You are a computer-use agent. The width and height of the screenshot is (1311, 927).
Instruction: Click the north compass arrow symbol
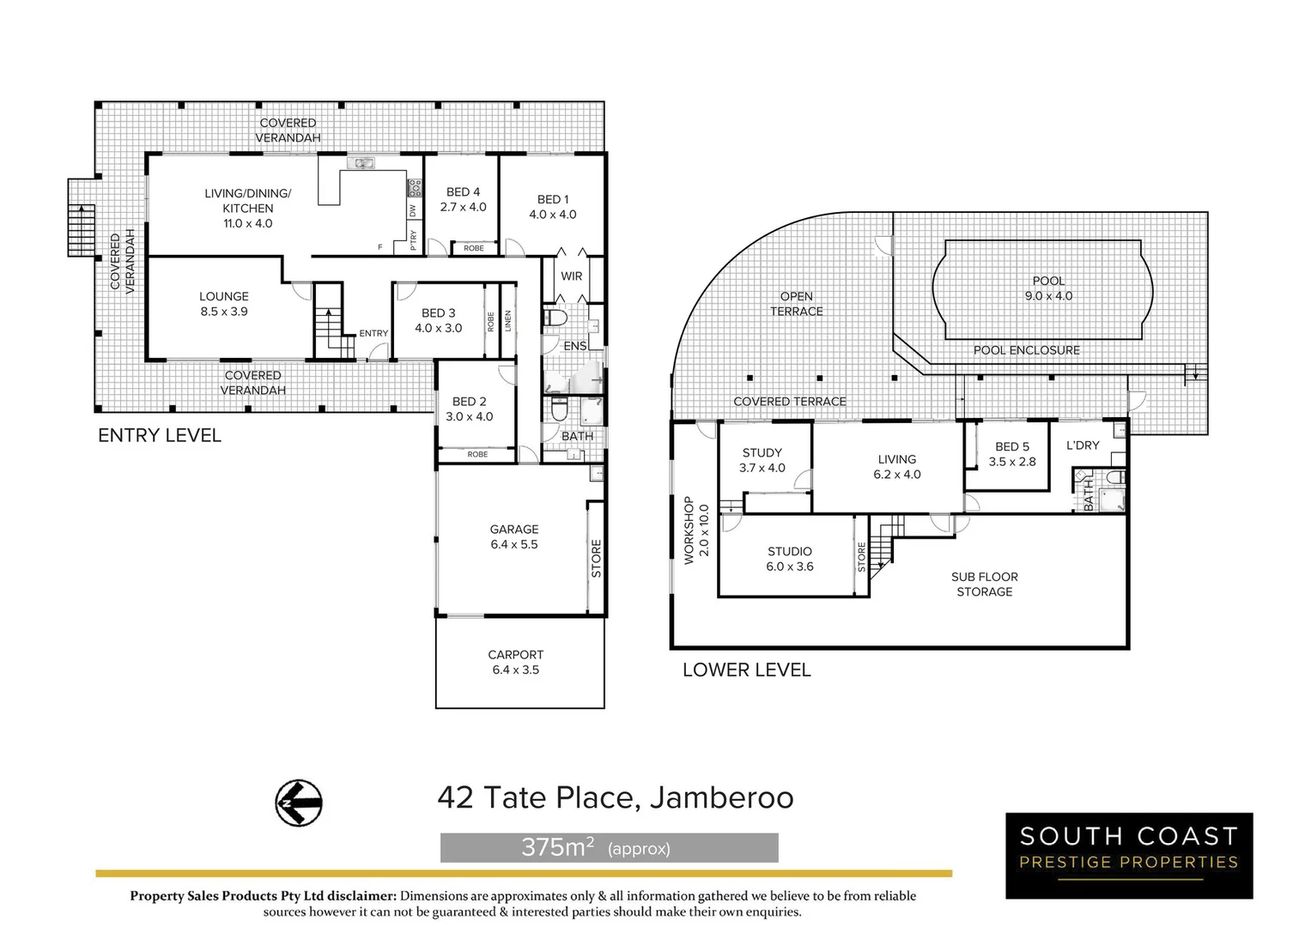pos(298,803)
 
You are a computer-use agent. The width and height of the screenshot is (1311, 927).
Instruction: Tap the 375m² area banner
pos(609,848)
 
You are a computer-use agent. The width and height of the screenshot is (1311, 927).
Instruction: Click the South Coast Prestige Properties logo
pos(1128,855)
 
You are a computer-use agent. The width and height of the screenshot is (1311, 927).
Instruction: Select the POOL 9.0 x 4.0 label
pos(1048,288)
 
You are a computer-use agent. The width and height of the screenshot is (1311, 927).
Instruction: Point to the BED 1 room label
pos(552,207)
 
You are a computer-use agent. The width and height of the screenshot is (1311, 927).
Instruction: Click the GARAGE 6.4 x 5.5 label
pos(513,536)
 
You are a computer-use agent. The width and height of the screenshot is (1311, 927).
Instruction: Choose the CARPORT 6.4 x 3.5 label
pos(515,662)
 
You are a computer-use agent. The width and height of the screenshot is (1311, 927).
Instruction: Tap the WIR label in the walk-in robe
pos(571,276)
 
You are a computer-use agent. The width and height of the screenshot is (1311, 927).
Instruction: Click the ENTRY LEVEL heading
pos(160,435)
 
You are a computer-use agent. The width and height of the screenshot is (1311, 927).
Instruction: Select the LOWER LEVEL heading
pos(746,669)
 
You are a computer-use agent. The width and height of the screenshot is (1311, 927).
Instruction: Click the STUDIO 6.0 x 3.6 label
pos(789,559)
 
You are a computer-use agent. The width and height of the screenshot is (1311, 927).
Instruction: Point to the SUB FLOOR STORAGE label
pos(984,585)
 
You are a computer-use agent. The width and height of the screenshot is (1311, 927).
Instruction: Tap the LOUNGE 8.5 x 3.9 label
pos(224,304)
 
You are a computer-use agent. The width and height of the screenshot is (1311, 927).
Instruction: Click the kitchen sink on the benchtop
pos(361,162)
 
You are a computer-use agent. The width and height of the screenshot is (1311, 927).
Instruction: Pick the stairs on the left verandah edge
pos(81,229)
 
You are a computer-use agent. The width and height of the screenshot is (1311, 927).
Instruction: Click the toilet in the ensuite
pos(555,318)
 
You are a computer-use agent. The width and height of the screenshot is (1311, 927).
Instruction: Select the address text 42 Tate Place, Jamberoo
pos(615,797)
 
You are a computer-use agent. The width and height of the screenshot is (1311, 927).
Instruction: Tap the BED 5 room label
pos(1011,453)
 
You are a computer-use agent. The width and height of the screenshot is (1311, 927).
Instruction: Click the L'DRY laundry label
pos(1082,445)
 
